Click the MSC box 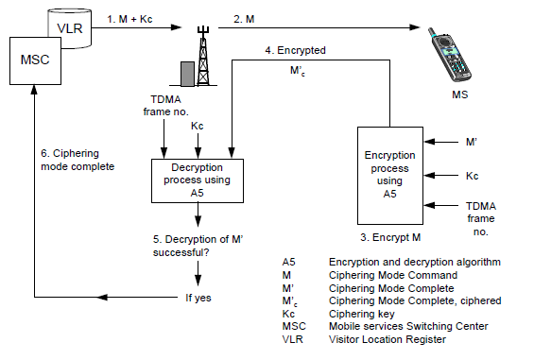pyautogui.click(x=35, y=60)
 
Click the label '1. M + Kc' pyautogui.click(x=129, y=19)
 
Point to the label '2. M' pyautogui.click(x=244, y=19)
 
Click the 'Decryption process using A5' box pyautogui.click(x=198, y=180)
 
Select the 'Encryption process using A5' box pyautogui.click(x=390, y=176)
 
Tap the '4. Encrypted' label pyautogui.click(x=295, y=50)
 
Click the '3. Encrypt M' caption pyautogui.click(x=390, y=237)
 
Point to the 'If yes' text pyautogui.click(x=198, y=298)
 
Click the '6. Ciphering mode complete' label pyautogui.click(x=78, y=160)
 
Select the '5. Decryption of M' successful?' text pyautogui.click(x=198, y=246)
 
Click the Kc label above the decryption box pyautogui.click(x=198, y=126)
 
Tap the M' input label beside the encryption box pyautogui.click(x=472, y=142)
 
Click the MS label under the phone pyautogui.click(x=459, y=94)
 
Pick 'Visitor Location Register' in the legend pyautogui.click(x=388, y=339)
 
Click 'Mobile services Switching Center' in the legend pyautogui.click(x=408, y=326)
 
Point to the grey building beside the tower pyautogui.click(x=187, y=74)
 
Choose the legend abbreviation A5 pyautogui.click(x=289, y=262)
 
